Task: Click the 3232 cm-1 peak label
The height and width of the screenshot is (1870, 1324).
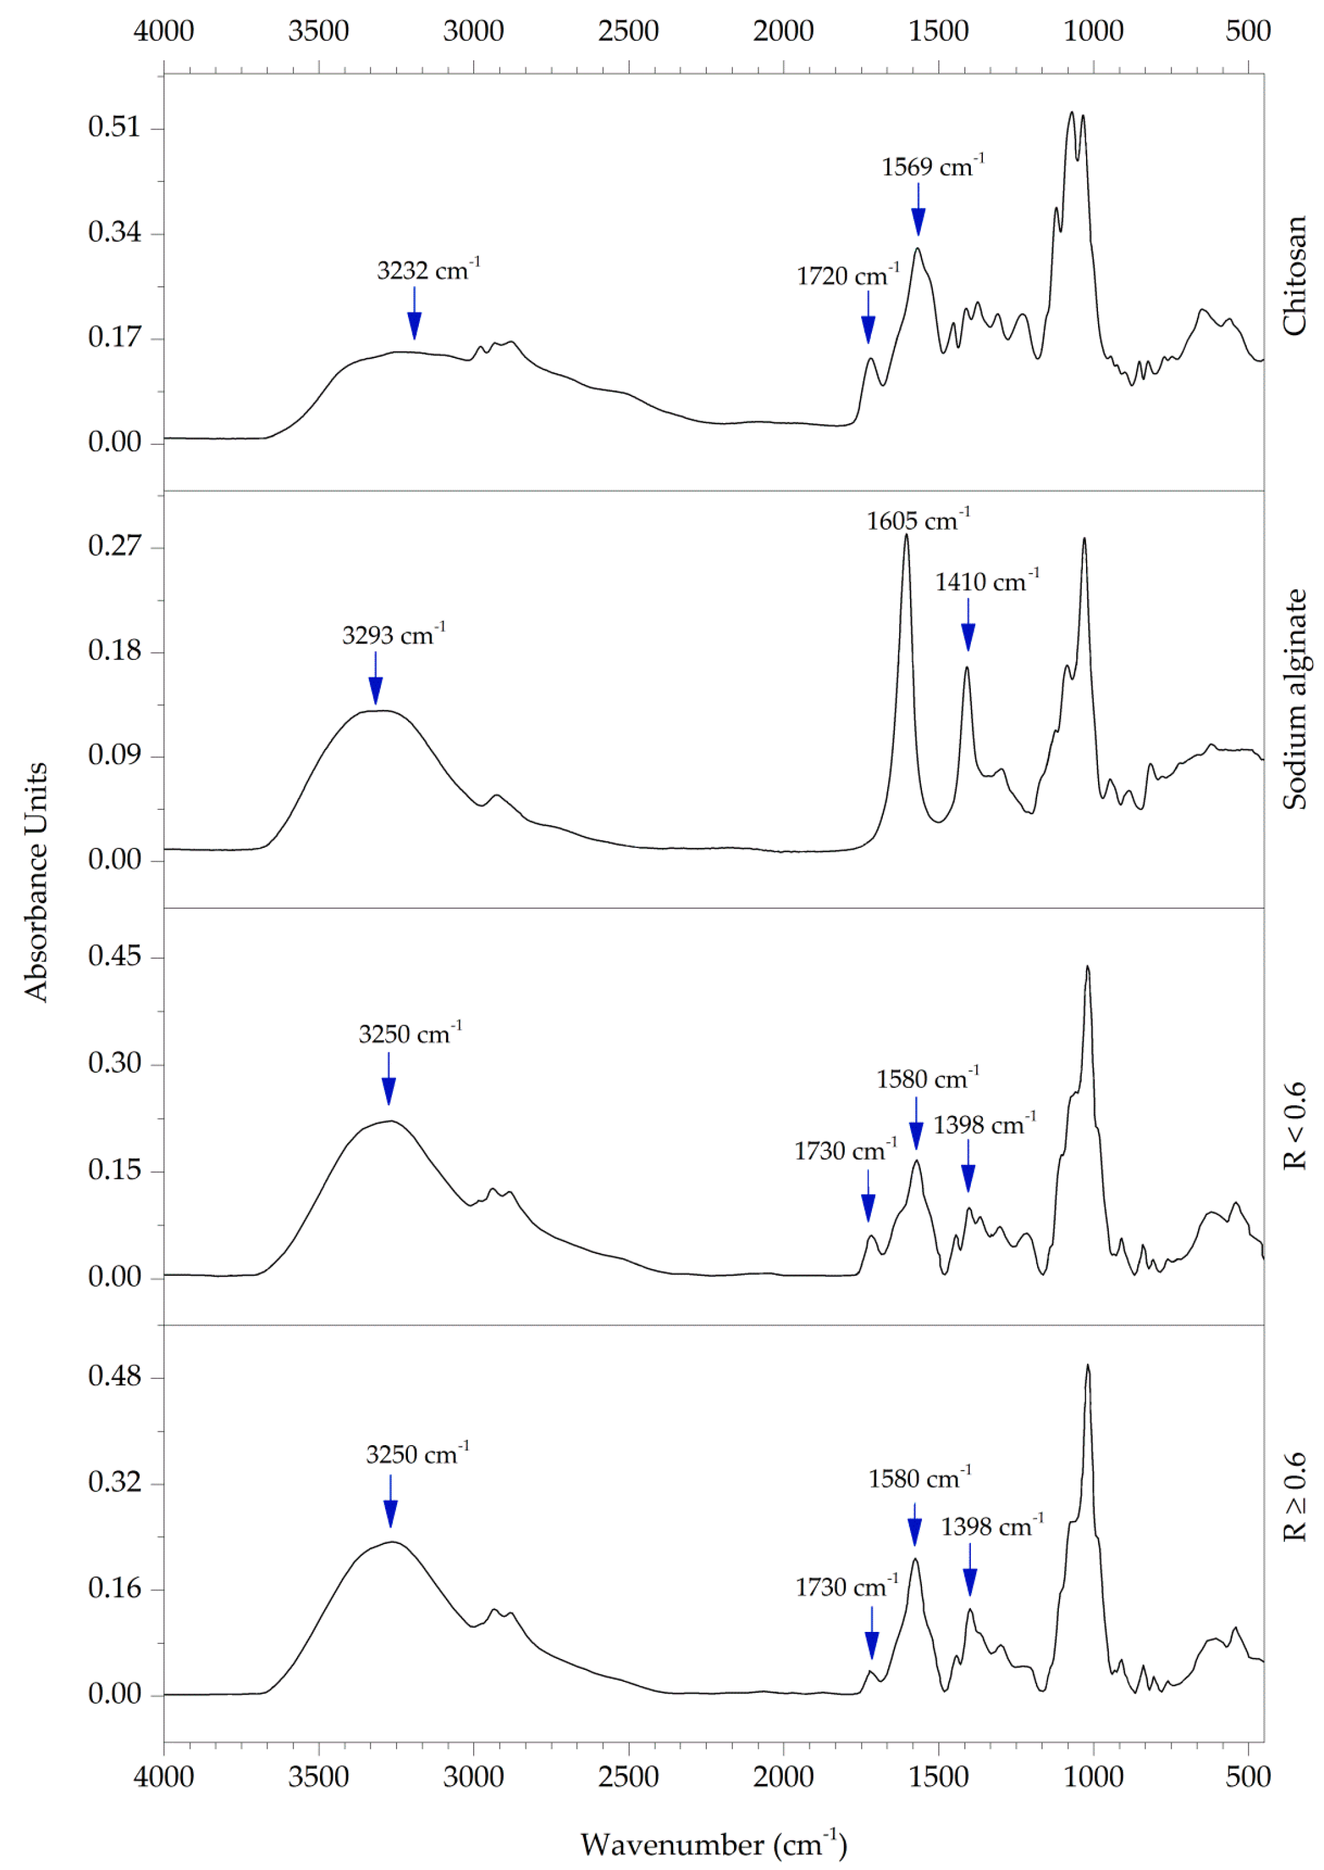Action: click(x=428, y=270)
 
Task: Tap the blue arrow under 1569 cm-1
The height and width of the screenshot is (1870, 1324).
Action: click(x=918, y=210)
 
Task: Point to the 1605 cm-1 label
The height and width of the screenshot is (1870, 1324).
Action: click(x=917, y=520)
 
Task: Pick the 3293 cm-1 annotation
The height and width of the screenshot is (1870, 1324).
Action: click(x=393, y=635)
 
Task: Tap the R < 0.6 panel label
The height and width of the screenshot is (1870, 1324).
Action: click(x=1294, y=1126)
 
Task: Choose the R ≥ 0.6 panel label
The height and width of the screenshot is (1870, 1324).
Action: click(x=1294, y=1496)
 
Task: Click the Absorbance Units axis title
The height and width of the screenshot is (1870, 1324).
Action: click(x=37, y=882)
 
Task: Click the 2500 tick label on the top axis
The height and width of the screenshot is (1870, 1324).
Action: click(x=628, y=31)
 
